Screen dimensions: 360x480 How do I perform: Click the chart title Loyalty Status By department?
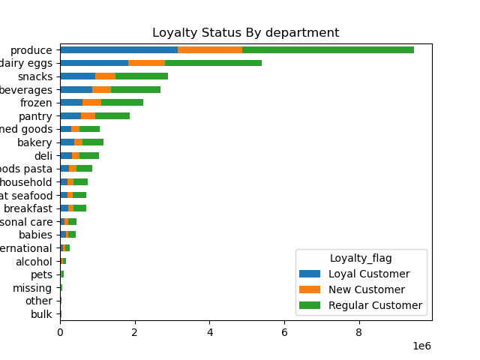click(245, 33)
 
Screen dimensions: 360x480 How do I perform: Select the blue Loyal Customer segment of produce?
click(118, 49)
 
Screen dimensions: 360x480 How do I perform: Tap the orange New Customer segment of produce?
click(210, 49)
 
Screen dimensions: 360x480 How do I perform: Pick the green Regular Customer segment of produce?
click(328, 49)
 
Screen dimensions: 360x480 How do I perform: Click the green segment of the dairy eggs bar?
click(213, 63)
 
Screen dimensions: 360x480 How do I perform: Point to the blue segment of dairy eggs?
click(94, 63)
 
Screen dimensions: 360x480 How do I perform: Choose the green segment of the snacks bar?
click(142, 76)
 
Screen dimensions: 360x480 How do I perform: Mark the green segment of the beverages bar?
click(136, 89)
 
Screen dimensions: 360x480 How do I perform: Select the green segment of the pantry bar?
click(112, 116)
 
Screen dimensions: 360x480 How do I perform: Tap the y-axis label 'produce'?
click(31, 49)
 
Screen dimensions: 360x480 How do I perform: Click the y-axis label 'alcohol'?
click(34, 262)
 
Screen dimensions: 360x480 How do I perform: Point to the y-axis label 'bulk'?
click(41, 314)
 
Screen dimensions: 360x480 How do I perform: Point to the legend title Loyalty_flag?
click(361, 258)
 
